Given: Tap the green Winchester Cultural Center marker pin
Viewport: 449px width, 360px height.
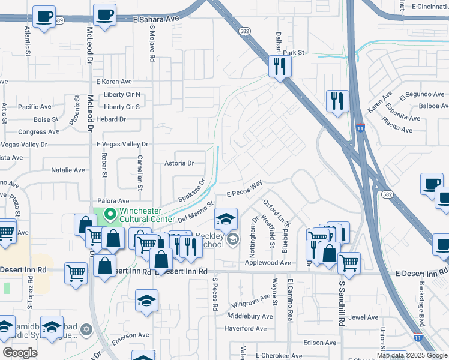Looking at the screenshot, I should coord(110,213).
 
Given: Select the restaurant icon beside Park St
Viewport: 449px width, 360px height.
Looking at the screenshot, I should coord(279,67).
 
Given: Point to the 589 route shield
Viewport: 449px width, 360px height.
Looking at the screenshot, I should coord(59,20).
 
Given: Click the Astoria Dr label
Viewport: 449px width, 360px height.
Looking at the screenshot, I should coord(179,163).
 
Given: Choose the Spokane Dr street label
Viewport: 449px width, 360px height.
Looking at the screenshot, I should coord(191,190).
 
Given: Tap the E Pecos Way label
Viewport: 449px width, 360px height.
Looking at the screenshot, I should coord(245,190).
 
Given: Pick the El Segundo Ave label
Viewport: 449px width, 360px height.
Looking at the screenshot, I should coord(426,94).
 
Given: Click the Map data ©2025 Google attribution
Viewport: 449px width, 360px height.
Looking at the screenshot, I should coord(411,355).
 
